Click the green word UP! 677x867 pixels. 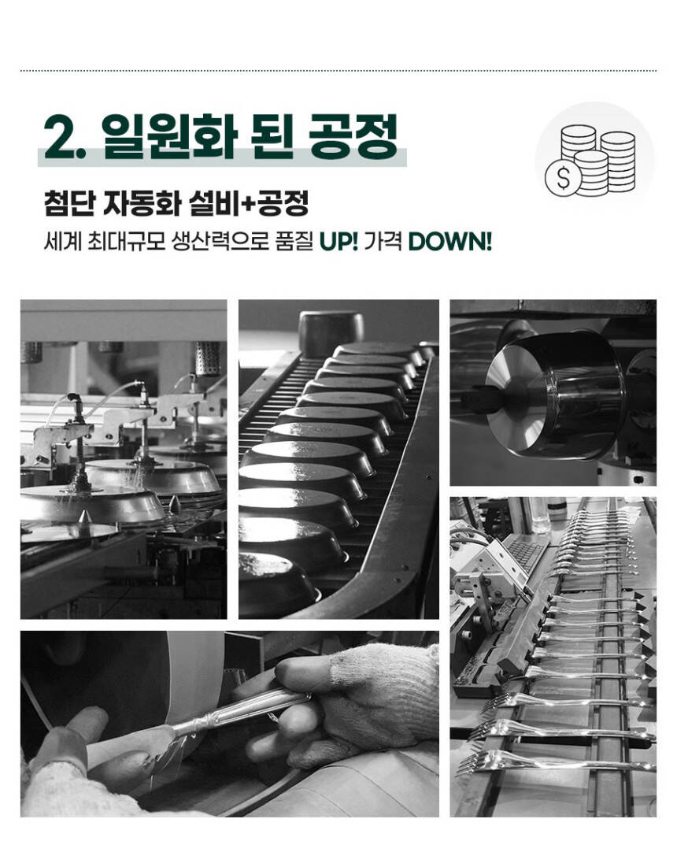(338, 242)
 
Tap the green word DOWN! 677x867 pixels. (449, 242)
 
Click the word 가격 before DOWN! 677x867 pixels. (383, 242)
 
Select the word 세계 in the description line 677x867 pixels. (62, 242)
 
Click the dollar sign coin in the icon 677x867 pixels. (563, 179)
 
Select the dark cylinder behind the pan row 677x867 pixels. (331, 332)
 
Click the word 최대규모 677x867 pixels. (127, 242)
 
